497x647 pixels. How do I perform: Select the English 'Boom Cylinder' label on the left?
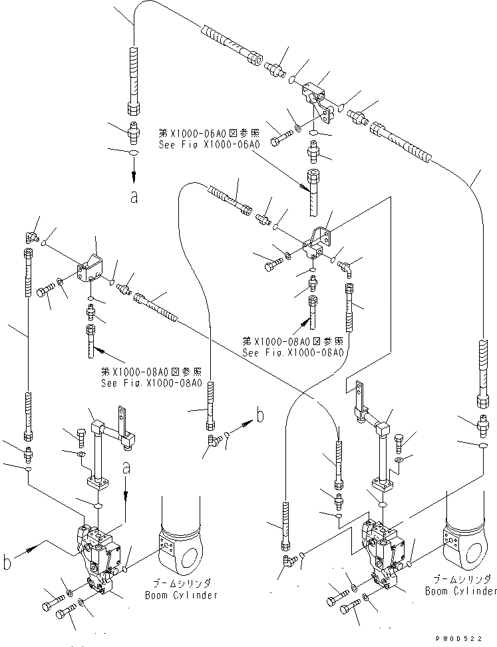[x=181, y=595]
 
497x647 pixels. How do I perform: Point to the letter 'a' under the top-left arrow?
[x=134, y=197]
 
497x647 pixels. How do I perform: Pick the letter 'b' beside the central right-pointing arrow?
[x=260, y=416]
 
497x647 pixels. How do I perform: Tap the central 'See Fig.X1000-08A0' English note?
[x=293, y=353]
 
